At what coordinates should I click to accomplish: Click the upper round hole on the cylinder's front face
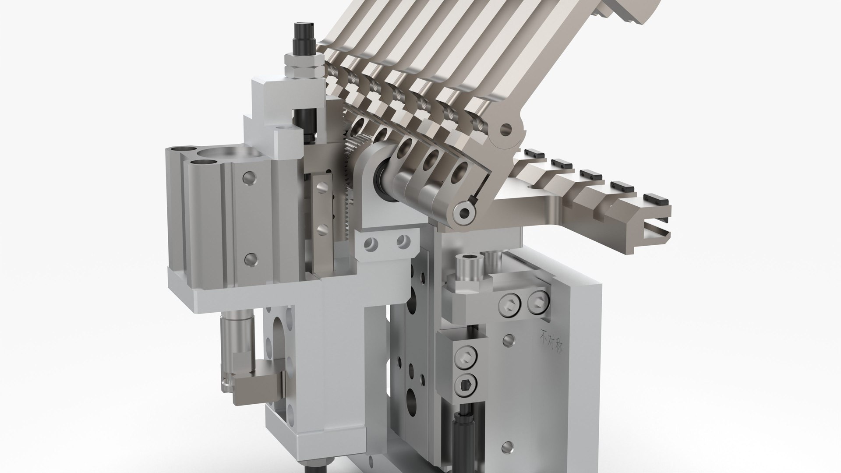pyautogui.click(x=250, y=177)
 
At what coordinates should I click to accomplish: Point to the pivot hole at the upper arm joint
pyautogui.click(x=507, y=129)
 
